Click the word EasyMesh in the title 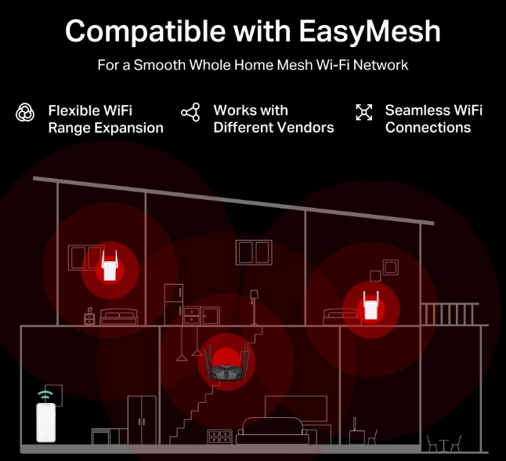coord(370,32)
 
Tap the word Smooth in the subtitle coord(160,65)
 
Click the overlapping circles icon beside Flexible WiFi coord(25,112)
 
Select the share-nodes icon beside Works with coord(190,112)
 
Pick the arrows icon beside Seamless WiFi coord(364,112)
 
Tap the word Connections coord(428,128)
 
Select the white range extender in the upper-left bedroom coord(110,265)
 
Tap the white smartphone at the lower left coord(46,423)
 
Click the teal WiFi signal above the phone coord(45,395)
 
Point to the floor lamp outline coord(255,307)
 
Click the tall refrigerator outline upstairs coord(174,304)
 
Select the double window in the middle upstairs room coord(254,252)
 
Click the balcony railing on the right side coord(450,314)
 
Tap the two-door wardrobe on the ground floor coord(142,420)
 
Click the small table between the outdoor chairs coord(443,445)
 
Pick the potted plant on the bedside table coord(90,310)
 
